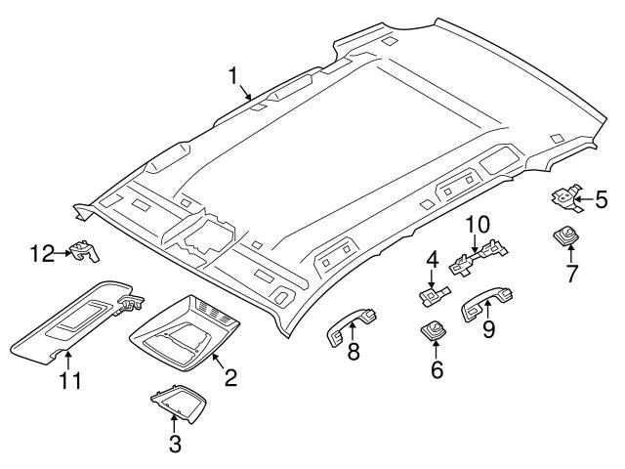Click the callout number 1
[x=233, y=75]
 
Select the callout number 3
[x=174, y=445]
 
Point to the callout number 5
[x=602, y=201]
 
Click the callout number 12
[x=42, y=255]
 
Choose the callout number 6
[x=437, y=369]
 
